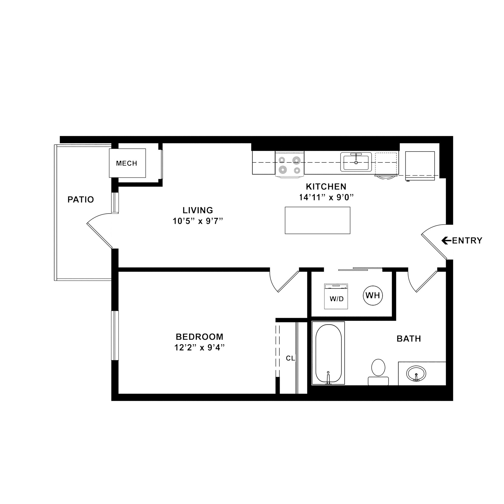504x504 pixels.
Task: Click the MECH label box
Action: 127,163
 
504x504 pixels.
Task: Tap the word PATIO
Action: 81,200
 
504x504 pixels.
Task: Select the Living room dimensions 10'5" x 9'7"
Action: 198,221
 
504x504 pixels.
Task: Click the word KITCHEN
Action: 326,187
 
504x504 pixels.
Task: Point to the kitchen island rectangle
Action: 317,220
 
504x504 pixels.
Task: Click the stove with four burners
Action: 290,165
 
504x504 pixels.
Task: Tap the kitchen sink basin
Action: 356,163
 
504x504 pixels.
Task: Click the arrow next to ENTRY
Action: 446,240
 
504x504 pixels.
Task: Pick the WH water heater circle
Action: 373,295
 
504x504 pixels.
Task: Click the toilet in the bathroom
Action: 378,371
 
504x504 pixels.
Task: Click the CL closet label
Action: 290,358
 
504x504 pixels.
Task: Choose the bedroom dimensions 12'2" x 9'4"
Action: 199,348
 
